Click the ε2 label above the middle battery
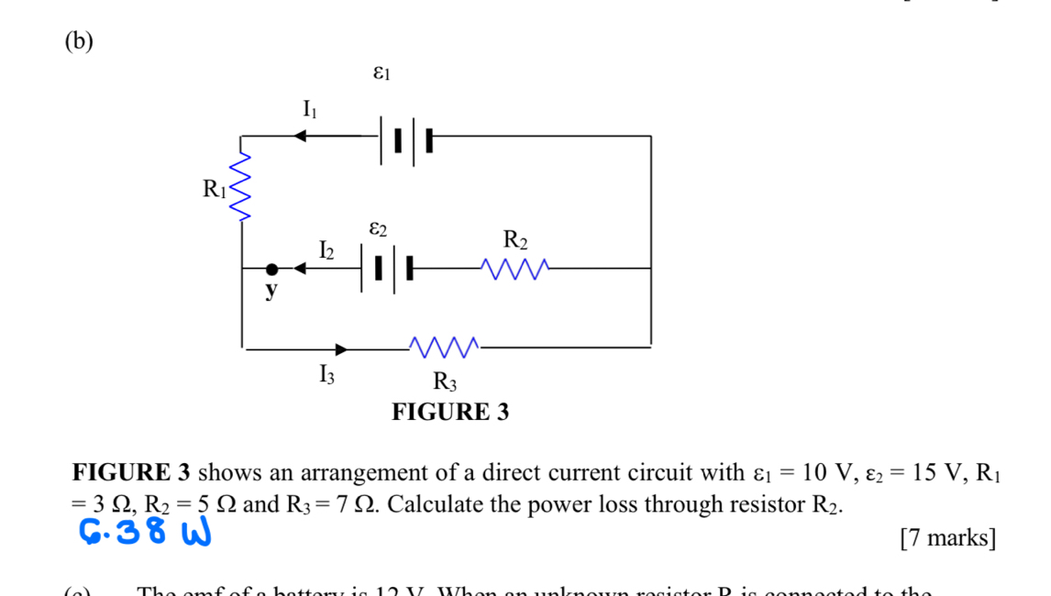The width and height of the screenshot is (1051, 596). (x=379, y=226)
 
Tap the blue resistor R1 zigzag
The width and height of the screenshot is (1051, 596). (x=241, y=187)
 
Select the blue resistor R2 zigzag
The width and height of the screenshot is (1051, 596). (x=516, y=269)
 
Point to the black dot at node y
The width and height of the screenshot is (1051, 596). (x=271, y=270)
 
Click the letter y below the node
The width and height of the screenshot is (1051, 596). (x=271, y=292)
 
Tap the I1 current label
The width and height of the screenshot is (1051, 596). (x=310, y=110)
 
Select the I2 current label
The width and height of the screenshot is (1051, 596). (x=326, y=249)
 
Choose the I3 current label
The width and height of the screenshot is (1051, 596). (x=326, y=374)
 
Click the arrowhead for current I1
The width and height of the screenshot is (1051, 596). (x=299, y=137)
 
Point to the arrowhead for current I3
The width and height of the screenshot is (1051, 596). (x=341, y=349)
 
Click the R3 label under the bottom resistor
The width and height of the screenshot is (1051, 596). (x=445, y=381)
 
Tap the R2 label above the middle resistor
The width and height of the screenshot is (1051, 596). (x=515, y=241)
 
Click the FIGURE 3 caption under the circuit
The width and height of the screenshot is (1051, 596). (x=449, y=412)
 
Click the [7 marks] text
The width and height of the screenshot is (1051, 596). (x=947, y=537)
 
